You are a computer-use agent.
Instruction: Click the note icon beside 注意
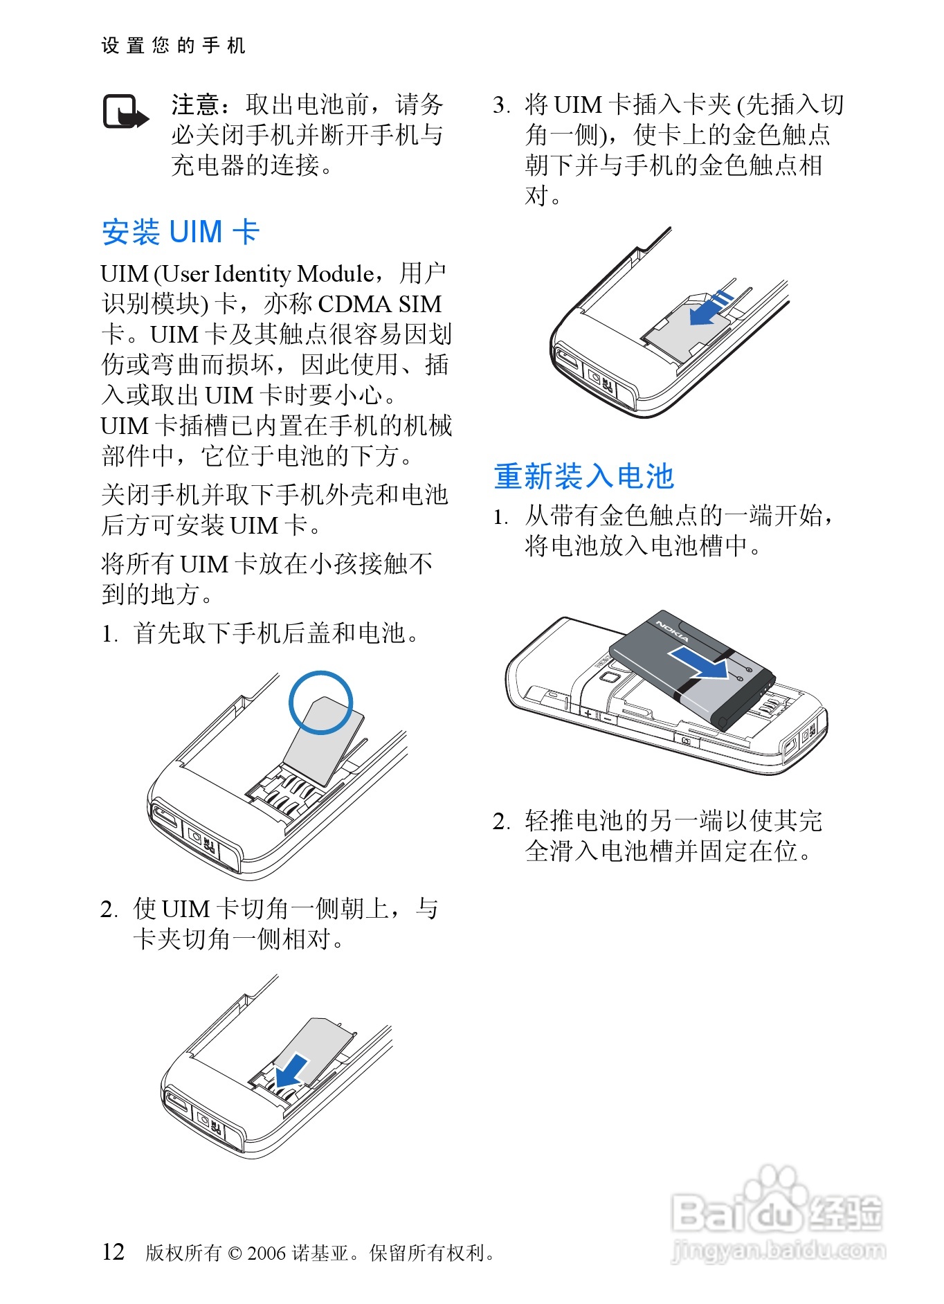point(126,112)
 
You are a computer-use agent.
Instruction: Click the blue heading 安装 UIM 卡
point(181,232)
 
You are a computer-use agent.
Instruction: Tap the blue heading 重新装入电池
point(583,476)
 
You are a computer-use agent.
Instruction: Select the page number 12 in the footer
point(113,1251)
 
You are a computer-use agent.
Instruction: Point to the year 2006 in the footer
point(266,1253)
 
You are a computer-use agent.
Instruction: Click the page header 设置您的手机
point(173,46)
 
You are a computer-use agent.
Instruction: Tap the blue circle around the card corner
point(320,702)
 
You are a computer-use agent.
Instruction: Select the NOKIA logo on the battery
point(672,631)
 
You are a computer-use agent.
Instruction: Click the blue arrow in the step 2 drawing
point(291,1071)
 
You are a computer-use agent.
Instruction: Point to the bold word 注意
point(196,105)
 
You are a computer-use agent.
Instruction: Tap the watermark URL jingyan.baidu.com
point(778,1251)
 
